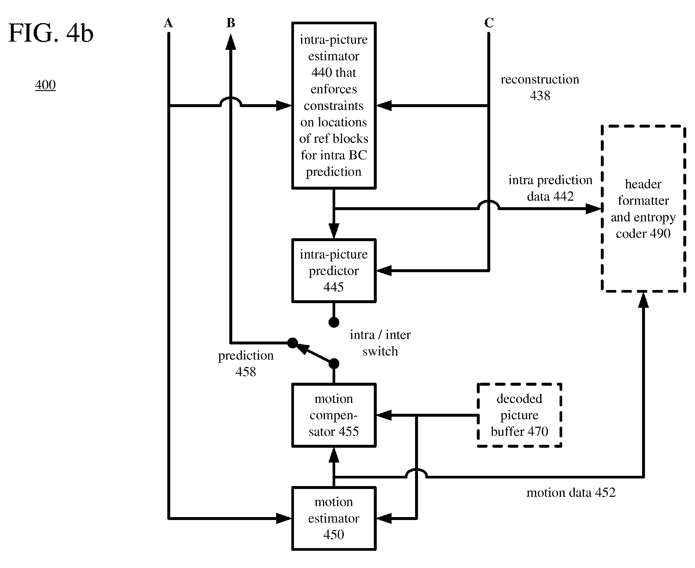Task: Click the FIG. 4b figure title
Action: coord(51,33)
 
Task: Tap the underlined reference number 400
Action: coord(45,85)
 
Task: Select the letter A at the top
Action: coord(168,23)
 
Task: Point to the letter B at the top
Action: coord(231,23)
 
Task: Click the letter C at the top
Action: coord(489,23)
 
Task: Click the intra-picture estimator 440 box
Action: coord(333,105)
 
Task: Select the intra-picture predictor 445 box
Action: coord(333,271)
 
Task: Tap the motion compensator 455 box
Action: coord(333,415)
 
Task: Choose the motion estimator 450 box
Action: coord(333,518)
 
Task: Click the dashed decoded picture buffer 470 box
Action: coord(519,415)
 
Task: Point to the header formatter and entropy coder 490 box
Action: coord(643,208)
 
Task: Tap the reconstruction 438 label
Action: coord(540,87)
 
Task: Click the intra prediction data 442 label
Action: coord(551,188)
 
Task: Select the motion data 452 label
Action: coord(571,493)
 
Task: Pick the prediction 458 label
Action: coord(246,363)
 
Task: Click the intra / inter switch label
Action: coord(380,343)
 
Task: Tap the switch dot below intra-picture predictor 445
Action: coord(333,322)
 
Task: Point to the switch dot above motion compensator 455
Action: coord(333,363)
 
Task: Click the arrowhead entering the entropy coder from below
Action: coord(643,300)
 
